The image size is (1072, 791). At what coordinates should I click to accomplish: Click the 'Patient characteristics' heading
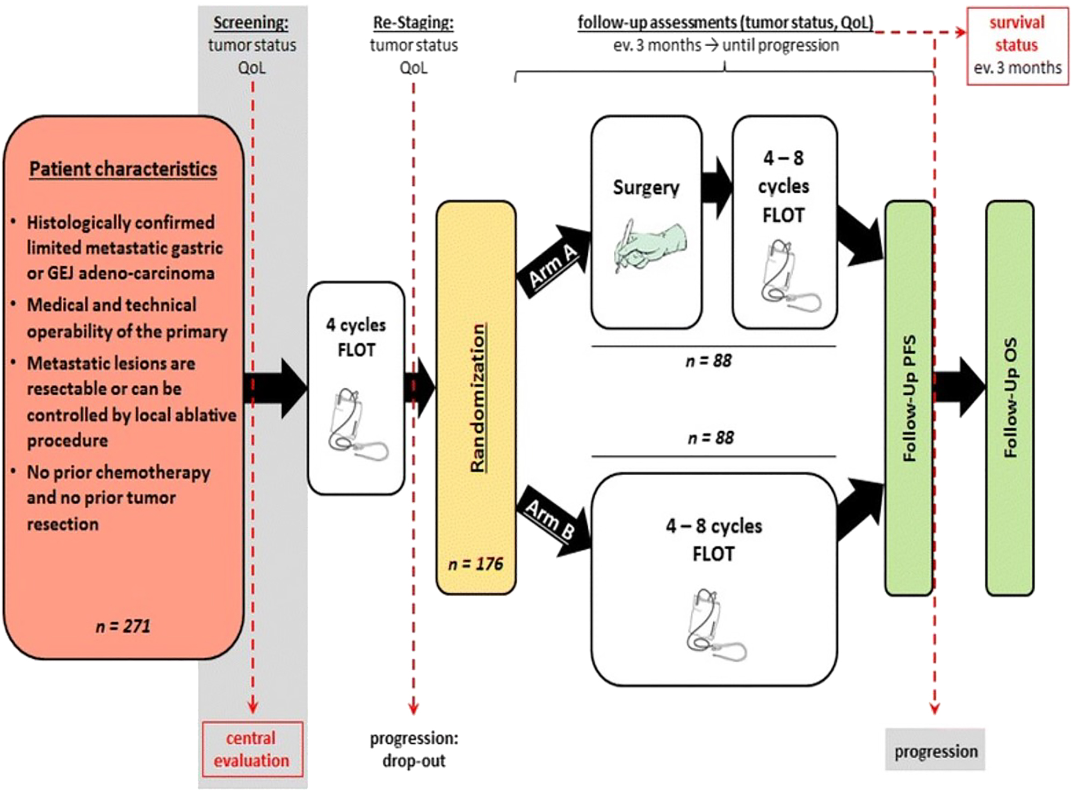pyautogui.click(x=123, y=169)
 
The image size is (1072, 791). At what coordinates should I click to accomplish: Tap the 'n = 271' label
pyautogui.click(x=123, y=626)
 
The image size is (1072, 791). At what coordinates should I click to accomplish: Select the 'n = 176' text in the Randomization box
pyautogui.click(x=475, y=563)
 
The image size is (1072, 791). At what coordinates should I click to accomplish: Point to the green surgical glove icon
pyautogui.click(x=649, y=245)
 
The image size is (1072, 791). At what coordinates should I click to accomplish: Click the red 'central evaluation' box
pyautogui.click(x=252, y=749)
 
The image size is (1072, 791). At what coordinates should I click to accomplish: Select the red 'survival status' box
pyautogui.click(x=1017, y=45)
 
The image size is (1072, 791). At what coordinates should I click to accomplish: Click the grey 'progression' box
pyautogui.click(x=935, y=750)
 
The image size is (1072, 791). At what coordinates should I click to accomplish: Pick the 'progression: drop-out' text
pyautogui.click(x=414, y=749)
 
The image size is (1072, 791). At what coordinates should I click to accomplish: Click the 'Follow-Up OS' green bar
pyautogui.click(x=1010, y=397)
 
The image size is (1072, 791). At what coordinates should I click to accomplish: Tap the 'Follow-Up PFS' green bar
pyautogui.click(x=908, y=397)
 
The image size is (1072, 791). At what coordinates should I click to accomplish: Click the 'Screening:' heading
pyautogui.click(x=251, y=23)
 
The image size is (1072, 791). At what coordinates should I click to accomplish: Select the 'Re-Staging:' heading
pyautogui.click(x=413, y=23)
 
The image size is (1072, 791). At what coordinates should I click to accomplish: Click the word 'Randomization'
pyautogui.click(x=477, y=397)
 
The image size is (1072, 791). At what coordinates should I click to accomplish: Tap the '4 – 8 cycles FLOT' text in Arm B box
pyautogui.click(x=713, y=539)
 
